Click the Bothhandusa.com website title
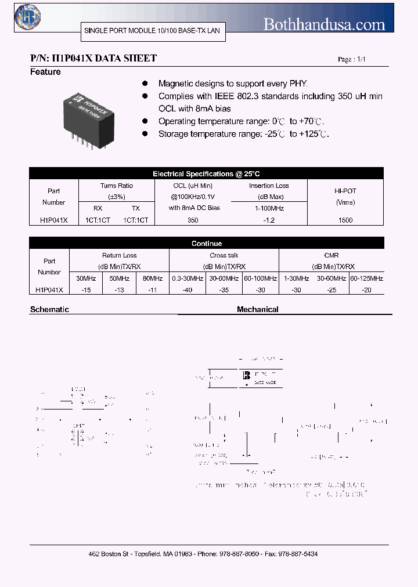[324, 24]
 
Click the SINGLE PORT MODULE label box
[152, 30]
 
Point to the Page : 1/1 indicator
[352, 60]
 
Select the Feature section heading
[45, 72]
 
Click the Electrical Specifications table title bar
[206, 173]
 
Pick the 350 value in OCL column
[193, 220]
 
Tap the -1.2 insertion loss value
[269, 220]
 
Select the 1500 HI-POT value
[345, 220]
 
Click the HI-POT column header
[345, 197]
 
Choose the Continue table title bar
[206, 244]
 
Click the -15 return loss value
[86, 290]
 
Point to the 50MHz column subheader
[119, 278]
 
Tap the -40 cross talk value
[187, 290]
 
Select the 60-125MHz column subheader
[366, 278]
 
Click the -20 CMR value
[366, 290]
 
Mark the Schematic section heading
[49, 310]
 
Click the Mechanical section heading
[257, 310]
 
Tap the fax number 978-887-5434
[297, 555]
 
